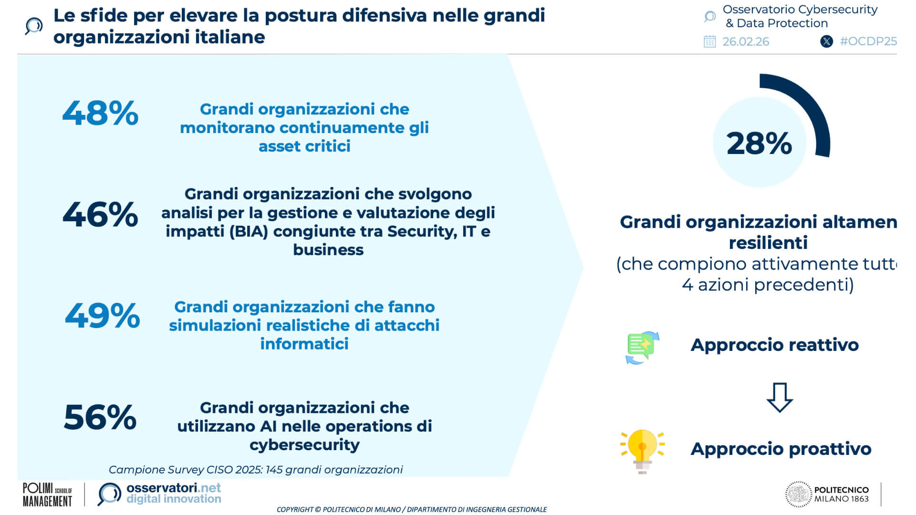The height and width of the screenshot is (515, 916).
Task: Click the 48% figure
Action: (x=100, y=113)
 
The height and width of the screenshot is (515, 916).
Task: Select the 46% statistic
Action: (x=100, y=214)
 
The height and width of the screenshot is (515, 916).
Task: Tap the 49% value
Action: (x=102, y=315)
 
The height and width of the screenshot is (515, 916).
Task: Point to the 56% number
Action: (x=100, y=417)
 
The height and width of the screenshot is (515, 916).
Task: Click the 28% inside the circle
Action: (x=759, y=143)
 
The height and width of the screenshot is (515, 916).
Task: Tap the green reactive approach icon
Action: (x=643, y=348)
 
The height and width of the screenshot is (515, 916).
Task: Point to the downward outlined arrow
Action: (x=780, y=397)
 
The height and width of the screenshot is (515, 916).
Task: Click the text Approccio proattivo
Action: (x=781, y=449)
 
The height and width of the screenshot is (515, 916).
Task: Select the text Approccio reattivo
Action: (x=775, y=345)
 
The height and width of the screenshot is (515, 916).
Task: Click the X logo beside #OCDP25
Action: (x=827, y=41)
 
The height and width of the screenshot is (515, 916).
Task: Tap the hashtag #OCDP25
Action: (x=868, y=41)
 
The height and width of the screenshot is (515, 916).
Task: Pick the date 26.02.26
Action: (x=746, y=42)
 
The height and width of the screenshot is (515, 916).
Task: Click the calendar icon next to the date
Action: (x=710, y=41)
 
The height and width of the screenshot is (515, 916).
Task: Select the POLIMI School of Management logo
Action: (x=47, y=494)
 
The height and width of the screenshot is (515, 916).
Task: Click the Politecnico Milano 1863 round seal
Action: (x=799, y=494)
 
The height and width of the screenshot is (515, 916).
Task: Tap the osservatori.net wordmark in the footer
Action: (x=174, y=488)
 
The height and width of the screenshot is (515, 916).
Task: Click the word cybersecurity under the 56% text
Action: (x=304, y=445)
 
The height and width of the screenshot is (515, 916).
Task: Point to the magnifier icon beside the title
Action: (x=34, y=26)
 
